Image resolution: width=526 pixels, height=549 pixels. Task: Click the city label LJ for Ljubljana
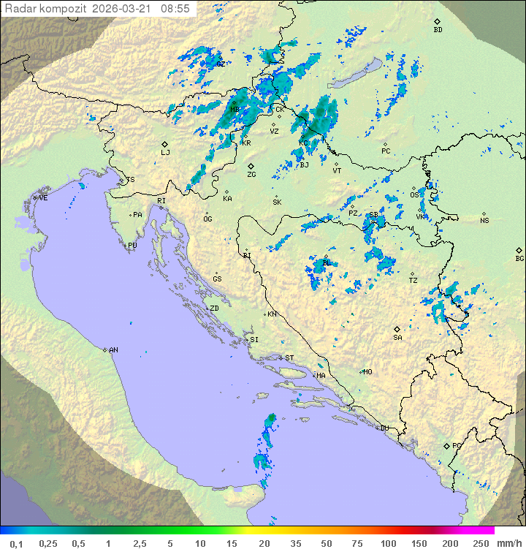[x=165, y=153]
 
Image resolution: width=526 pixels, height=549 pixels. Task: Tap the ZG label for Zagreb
[x=251, y=175]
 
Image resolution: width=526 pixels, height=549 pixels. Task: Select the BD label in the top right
[x=438, y=30]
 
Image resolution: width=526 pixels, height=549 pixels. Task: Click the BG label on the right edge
[x=519, y=258]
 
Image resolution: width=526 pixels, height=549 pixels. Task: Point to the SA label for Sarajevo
[x=397, y=338]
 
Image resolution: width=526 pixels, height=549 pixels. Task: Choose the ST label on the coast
[x=289, y=358]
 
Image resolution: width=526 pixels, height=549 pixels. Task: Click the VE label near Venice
[x=43, y=198]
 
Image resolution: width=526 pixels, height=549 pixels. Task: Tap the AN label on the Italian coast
[x=113, y=350]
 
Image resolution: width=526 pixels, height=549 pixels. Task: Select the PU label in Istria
[x=132, y=246]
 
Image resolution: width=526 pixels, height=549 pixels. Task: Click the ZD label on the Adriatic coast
[x=214, y=308]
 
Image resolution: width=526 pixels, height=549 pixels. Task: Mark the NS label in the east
[x=484, y=220]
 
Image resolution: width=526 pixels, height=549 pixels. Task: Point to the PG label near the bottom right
[x=457, y=445]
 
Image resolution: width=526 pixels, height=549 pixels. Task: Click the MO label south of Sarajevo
[x=367, y=371]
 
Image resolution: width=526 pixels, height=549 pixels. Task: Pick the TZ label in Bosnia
[x=413, y=280]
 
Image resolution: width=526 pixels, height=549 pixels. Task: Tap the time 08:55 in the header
[x=175, y=9]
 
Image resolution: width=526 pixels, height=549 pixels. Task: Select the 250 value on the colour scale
[x=481, y=543]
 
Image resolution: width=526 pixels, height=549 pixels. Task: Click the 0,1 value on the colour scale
[x=16, y=543]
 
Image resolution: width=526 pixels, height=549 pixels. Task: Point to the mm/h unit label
[x=508, y=543]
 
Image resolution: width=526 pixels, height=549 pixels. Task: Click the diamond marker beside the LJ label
[x=165, y=144]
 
